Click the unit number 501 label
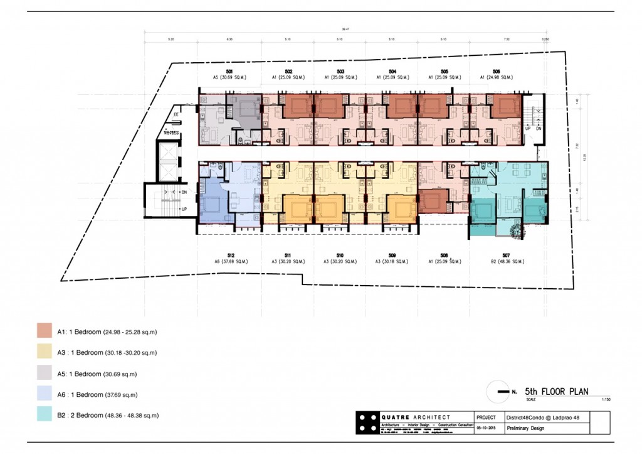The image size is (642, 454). coord(231,72)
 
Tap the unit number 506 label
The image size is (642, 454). coord(497,72)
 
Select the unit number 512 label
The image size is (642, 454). coord(231,255)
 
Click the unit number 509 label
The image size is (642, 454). coord(392,255)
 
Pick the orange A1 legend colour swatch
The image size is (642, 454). coord(45,331)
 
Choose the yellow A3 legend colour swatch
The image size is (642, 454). coord(45,352)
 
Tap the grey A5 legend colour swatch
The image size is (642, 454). coord(45,374)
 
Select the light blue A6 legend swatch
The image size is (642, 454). coord(45,394)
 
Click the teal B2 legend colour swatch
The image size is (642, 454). coord(45,415)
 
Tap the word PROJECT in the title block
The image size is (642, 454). coord(486,417)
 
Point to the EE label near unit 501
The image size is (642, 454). coord(176,115)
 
